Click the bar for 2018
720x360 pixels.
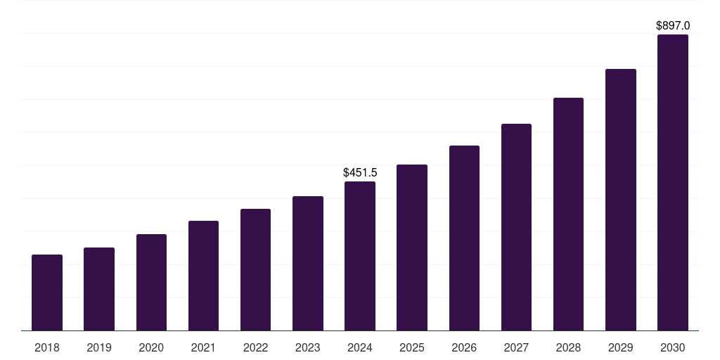coord(47,292)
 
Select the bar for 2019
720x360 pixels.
coord(99,289)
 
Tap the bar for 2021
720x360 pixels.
coord(203,276)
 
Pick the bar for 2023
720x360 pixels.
coord(308,264)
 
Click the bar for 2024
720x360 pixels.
coord(360,256)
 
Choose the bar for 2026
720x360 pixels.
coord(464,238)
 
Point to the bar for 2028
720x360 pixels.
coord(568,214)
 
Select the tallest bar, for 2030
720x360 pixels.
coord(673,183)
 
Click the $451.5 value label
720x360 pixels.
coord(360,172)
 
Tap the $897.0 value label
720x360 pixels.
coord(673,26)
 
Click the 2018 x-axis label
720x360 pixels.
coord(47,347)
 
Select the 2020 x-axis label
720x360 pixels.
coord(151,347)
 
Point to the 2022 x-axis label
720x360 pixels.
coord(256,347)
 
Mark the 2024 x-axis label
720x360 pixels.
coord(360,347)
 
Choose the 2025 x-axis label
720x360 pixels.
coord(412,347)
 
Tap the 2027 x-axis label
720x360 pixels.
coord(516,347)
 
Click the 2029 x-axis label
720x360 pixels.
coord(621,347)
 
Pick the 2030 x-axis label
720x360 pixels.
coord(673,347)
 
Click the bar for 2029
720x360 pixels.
coord(621,200)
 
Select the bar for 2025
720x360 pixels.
coord(412,247)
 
